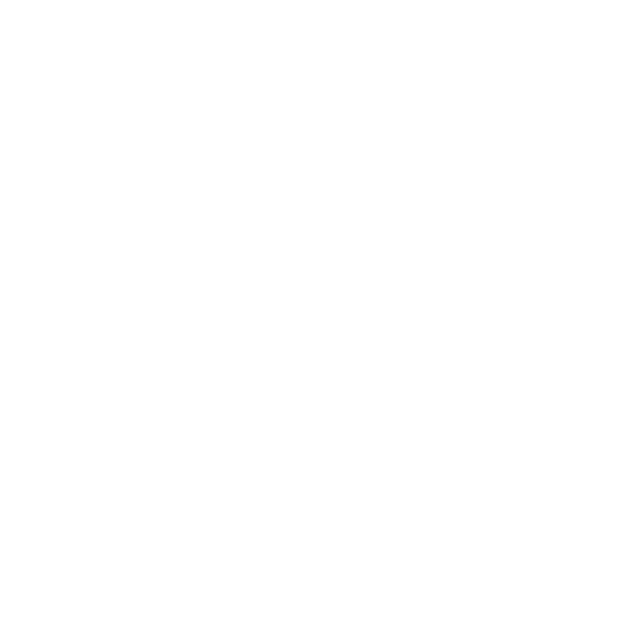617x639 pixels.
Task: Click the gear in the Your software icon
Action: click(x=100, y=506)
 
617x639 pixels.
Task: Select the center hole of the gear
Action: click(x=100, y=506)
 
